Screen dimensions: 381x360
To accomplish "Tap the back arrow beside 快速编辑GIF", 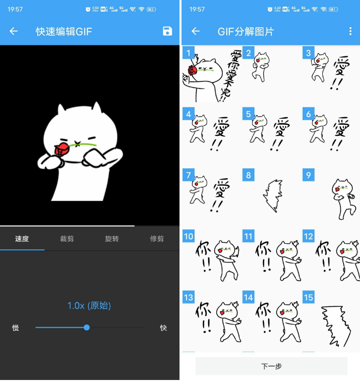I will (14, 31).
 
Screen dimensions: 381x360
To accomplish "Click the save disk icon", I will (167, 31).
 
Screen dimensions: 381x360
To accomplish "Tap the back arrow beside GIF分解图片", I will (196, 31).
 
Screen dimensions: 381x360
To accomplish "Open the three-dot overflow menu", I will (350, 31).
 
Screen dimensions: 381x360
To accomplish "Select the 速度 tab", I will (22, 239).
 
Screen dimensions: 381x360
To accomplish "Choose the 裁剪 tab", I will (67, 239).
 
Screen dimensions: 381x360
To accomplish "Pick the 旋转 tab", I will (112, 239).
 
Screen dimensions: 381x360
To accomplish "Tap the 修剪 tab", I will (157, 239).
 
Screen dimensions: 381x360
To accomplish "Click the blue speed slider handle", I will (86, 327).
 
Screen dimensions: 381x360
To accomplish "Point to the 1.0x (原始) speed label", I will (89, 306).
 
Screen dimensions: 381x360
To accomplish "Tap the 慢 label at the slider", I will (16, 328).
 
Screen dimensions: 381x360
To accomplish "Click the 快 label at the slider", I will (163, 328).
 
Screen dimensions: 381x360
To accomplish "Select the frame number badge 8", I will (248, 175).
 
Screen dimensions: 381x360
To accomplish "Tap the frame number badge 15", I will (308, 297).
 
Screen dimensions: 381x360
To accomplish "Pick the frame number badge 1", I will (188, 53).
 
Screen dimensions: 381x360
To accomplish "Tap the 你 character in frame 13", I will (203, 308).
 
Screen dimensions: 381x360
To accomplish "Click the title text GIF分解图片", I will (245, 31).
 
